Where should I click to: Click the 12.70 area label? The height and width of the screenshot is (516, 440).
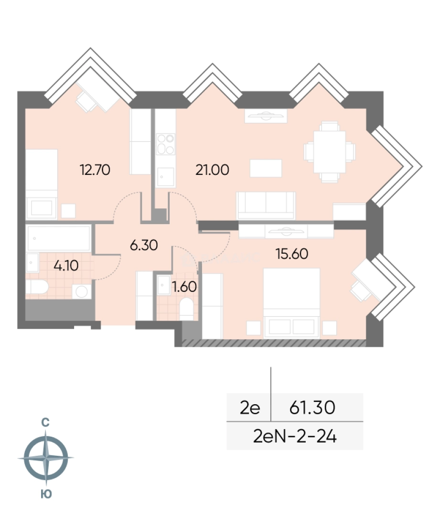[x=95, y=170]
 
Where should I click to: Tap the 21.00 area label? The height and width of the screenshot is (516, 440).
[x=212, y=170]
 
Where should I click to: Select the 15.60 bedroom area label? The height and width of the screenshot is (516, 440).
[x=292, y=254]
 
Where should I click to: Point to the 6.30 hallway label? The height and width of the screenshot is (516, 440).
[x=144, y=245]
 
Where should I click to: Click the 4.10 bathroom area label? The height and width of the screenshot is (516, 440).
[x=66, y=265]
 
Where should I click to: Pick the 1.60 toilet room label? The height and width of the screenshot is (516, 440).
[x=184, y=287]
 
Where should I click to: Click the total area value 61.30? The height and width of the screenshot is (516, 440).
[x=312, y=408]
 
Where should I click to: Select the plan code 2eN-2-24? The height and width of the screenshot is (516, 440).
[x=295, y=437]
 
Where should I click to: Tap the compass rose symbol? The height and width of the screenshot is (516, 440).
[x=46, y=458]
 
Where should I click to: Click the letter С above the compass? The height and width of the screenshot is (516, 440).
[x=45, y=422]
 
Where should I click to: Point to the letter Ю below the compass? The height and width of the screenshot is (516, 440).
[x=46, y=494]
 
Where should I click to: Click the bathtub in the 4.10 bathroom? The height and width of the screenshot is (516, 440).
[x=59, y=238]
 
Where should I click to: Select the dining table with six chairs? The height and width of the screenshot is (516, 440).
[x=330, y=152]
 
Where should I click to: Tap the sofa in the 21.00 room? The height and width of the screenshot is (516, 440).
[x=266, y=205]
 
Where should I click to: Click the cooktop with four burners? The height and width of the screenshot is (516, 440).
[x=165, y=144]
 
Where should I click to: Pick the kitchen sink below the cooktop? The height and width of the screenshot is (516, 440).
[x=165, y=177]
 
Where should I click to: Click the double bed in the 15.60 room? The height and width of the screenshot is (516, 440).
[x=291, y=303]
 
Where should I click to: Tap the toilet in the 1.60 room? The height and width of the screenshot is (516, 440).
[x=187, y=309]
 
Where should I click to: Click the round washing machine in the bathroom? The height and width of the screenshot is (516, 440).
[x=82, y=291]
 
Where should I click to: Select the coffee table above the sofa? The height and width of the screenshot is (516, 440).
[x=266, y=168]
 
